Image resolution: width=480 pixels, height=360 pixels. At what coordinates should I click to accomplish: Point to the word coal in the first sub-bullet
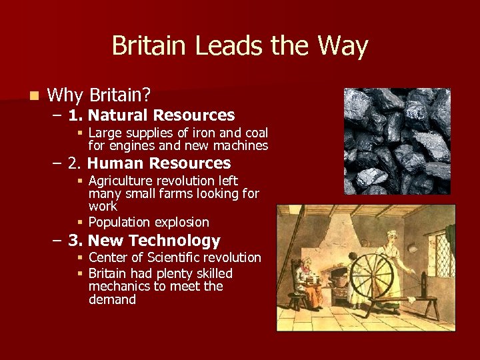pyautogui.click(x=256, y=133)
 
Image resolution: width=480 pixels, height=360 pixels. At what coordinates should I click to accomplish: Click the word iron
pyautogui.click(x=207, y=133)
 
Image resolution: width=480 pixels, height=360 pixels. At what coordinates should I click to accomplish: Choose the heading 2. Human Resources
pyautogui.click(x=149, y=163)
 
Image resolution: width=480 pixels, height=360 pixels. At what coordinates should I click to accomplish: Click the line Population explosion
pyautogui.click(x=149, y=222)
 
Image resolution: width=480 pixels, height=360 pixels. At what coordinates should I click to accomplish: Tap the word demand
pyautogui.click(x=112, y=299)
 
